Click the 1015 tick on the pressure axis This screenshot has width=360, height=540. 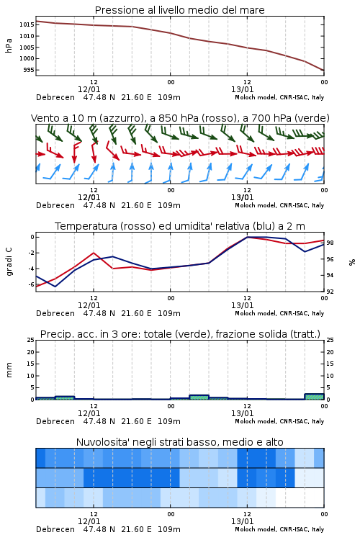click(26, 24)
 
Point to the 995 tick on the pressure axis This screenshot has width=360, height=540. click(28, 70)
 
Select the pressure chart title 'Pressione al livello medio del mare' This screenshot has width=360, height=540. click(180, 10)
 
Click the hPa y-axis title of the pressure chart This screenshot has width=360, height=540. click(9, 45)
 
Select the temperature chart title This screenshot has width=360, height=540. click(180, 226)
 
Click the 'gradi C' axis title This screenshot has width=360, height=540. click(9, 262)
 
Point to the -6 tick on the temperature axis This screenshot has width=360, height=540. click(31, 284)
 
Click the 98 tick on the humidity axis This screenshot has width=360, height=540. click(330, 243)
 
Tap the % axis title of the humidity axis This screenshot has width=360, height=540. click(352, 262)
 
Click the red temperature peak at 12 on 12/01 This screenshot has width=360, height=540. click(94, 253)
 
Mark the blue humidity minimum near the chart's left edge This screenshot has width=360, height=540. click(55, 287)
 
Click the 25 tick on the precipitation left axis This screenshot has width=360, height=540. click(31, 340)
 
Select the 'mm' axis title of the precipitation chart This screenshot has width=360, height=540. click(9, 370)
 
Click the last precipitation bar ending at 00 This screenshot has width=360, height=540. click(314, 397)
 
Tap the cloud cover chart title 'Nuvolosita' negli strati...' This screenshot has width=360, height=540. click(180, 442)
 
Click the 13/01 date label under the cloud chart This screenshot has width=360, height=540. click(242, 521)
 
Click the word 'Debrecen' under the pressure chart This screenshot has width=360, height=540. click(55, 97)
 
